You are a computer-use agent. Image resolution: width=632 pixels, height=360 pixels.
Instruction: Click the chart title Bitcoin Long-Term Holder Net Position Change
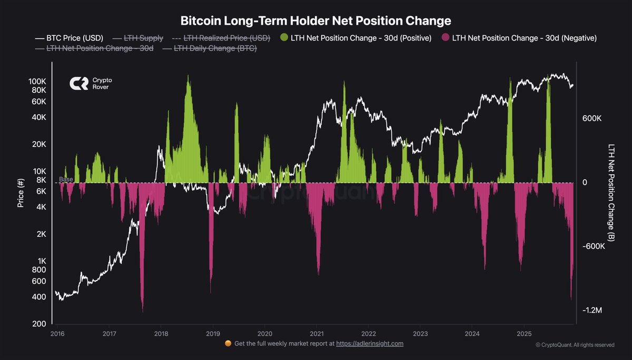click(316, 21)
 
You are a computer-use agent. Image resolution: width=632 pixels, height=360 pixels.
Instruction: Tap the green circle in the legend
click(284, 38)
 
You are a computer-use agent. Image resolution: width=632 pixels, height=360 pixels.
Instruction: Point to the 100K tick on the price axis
click(37, 82)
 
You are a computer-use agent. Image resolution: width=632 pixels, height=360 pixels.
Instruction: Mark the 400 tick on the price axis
click(40, 297)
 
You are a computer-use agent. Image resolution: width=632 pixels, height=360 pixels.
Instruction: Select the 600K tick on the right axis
click(591, 119)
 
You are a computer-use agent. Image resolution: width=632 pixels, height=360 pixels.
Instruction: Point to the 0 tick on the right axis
click(584, 183)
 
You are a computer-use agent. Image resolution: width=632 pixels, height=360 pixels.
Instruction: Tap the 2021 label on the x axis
click(316, 334)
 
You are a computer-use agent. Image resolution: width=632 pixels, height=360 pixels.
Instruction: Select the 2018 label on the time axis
click(161, 334)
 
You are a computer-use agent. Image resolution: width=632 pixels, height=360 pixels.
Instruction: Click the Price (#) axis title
click(21, 192)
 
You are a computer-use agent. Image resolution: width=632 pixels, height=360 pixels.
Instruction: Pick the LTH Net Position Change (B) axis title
click(611, 192)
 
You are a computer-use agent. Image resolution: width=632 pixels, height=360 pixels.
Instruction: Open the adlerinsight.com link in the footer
click(370, 344)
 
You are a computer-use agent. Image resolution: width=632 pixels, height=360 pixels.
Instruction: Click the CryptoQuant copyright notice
click(575, 345)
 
